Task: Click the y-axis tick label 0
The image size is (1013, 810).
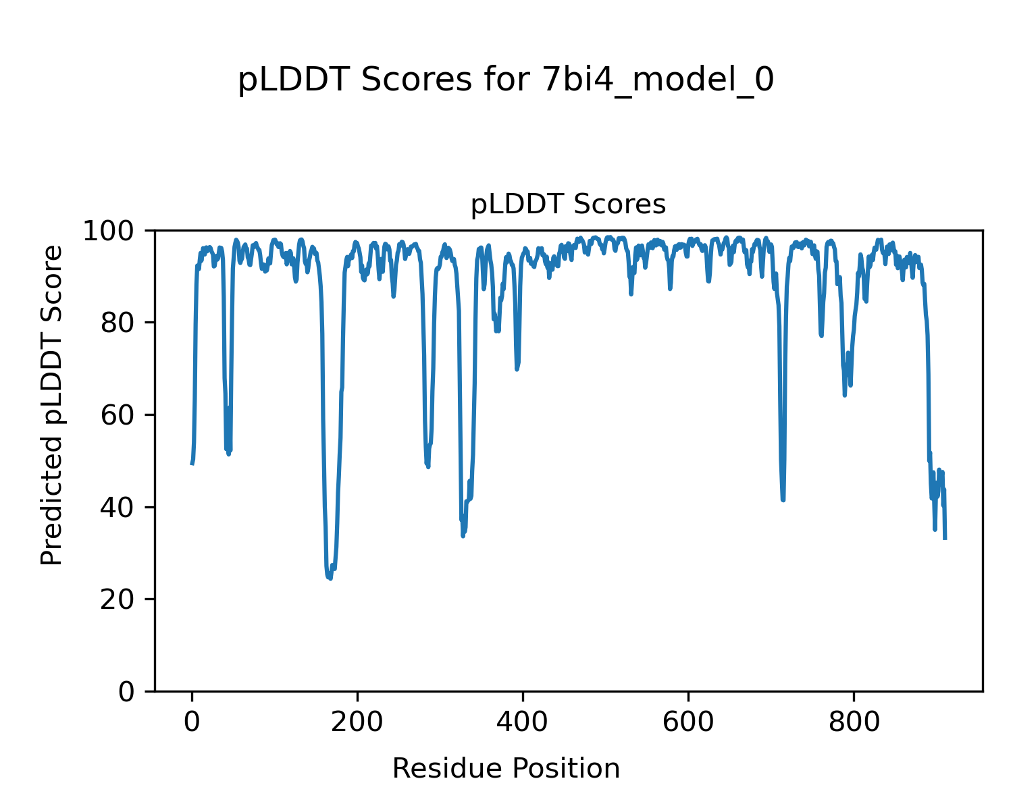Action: pos(127,692)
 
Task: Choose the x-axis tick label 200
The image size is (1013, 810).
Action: pos(357,722)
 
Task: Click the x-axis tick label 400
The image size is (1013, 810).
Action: pos(523,722)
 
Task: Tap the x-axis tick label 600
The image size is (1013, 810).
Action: pos(688,722)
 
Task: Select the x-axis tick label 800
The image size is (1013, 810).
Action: pos(854,722)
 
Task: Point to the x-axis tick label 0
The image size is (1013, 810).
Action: pos(192,722)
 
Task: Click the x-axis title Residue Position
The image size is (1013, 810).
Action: pos(506,769)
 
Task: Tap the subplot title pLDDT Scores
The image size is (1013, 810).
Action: pos(568,205)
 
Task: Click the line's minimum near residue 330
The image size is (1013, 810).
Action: pos(463,536)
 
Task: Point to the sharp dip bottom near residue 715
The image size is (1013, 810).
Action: pos(783,500)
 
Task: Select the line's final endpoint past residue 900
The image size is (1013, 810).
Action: pos(945,539)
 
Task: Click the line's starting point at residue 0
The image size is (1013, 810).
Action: pos(192,464)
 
